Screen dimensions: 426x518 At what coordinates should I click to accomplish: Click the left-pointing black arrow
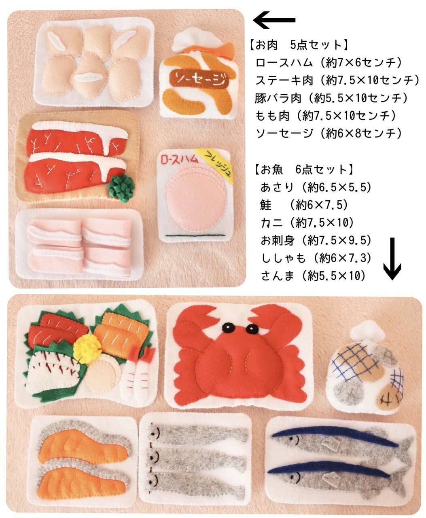point(274,20)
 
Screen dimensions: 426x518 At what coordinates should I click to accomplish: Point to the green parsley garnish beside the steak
point(122,187)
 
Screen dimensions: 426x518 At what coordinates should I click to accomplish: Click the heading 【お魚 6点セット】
point(304,170)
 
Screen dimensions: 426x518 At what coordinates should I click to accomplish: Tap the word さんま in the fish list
point(277,276)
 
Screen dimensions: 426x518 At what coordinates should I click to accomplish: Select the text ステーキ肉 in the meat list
point(284,80)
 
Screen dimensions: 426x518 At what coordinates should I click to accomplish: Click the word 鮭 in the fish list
point(266,205)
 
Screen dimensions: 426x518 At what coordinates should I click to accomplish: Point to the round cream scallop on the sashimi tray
point(104,376)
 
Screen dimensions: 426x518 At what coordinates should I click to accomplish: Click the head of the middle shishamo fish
point(153,457)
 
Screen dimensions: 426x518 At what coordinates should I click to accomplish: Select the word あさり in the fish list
point(277,187)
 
